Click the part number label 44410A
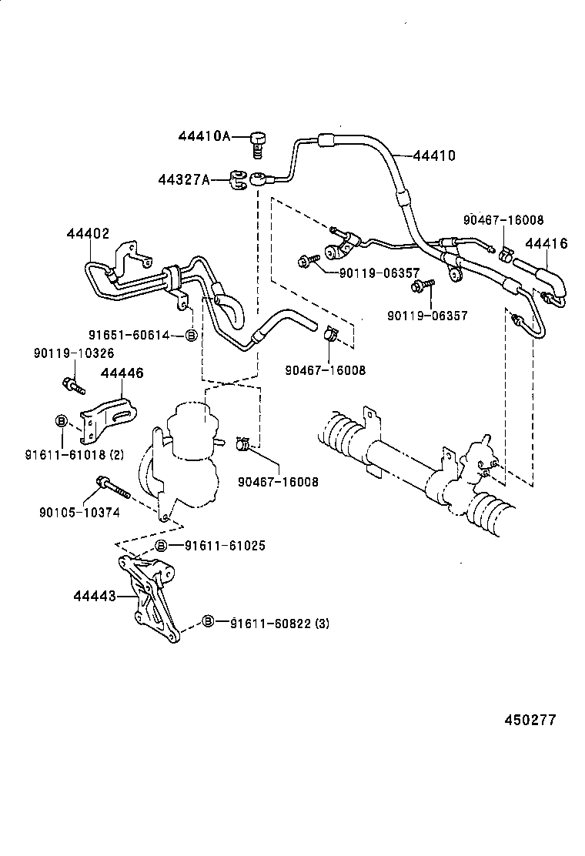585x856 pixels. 204,136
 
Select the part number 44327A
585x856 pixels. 184,179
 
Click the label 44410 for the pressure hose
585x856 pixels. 434,155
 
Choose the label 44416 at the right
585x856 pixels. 546,244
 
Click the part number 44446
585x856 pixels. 122,373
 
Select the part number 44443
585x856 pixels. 95,596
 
